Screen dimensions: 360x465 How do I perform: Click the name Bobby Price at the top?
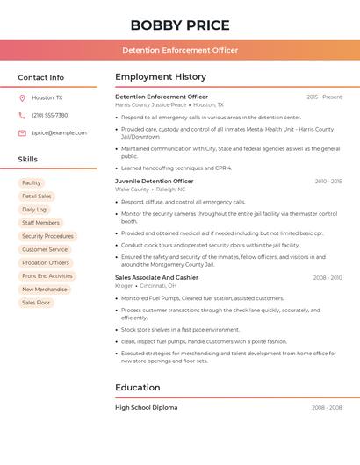coord(180,25)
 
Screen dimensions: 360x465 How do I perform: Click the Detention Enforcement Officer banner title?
coord(180,50)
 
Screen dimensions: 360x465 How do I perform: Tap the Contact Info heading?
coord(41,77)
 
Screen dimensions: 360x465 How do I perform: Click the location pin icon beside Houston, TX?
coord(22,98)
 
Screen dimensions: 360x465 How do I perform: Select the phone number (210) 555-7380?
coord(49,115)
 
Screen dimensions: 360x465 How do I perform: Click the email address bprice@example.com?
coord(59,132)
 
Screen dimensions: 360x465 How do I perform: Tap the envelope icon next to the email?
coord(22,132)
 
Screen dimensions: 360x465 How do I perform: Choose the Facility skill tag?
coord(32,183)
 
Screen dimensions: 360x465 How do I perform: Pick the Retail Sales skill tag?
coord(37,197)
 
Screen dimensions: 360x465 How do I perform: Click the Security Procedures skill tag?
coord(47,236)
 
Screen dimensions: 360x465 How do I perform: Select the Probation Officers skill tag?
coord(46,262)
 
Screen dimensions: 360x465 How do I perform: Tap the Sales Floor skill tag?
coord(36,303)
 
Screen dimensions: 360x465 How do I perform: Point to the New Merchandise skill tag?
coord(45,290)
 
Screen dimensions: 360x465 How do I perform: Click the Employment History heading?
coord(161,77)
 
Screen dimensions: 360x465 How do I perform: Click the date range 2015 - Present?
coord(324,97)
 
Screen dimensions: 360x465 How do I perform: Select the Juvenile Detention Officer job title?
coord(155,182)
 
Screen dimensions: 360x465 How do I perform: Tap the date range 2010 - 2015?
coord(328,182)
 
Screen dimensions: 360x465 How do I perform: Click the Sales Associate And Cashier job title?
coord(156,277)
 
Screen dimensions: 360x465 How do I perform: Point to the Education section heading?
coord(138,387)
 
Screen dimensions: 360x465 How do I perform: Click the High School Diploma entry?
coord(147,407)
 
